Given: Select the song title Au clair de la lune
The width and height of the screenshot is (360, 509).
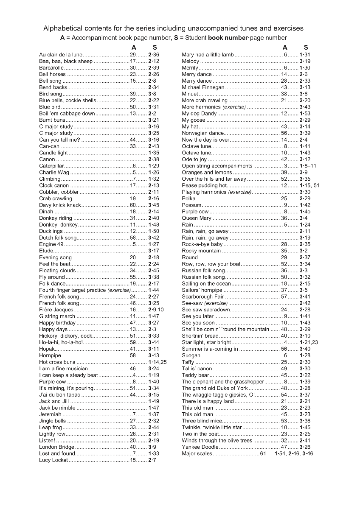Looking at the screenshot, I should pyautogui.click(x=61, y=55).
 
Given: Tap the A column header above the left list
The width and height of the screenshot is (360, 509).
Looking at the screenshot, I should pyautogui.click(x=133, y=48).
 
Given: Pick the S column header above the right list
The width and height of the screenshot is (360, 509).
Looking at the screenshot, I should pyautogui.click(x=306, y=48).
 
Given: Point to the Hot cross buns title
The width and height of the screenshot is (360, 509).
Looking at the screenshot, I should pyautogui.click(x=57, y=362).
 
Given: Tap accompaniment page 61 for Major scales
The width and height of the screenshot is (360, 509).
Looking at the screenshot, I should pyautogui.click(x=263, y=454).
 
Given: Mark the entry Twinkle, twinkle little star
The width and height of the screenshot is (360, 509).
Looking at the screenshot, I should pyautogui.click(x=211, y=428).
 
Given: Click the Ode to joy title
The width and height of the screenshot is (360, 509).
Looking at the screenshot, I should pyautogui.click(x=194, y=159).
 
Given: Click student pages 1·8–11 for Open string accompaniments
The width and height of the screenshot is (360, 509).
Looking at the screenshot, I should pyautogui.click(x=308, y=166).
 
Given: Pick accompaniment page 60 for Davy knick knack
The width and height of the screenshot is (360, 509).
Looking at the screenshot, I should pyautogui.click(x=132, y=205).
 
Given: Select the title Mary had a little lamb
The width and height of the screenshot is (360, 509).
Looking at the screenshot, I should pyautogui.click(x=208, y=55).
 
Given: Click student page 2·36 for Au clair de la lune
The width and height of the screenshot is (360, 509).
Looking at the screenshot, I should pyautogui.click(x=154, y=55).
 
